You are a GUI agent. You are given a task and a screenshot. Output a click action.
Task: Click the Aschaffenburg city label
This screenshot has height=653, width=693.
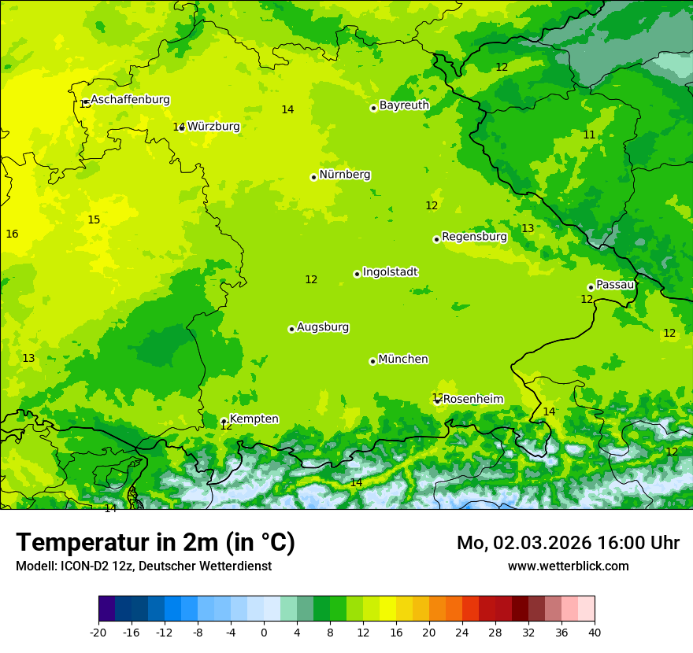(x=130, y=100)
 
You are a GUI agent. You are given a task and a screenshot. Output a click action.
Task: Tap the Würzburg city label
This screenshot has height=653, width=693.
(x=213, y=127)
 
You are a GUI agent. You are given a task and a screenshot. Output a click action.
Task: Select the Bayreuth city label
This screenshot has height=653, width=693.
(x=404, y=105)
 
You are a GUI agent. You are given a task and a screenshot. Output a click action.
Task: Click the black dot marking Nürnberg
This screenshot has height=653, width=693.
(x=313, y=177)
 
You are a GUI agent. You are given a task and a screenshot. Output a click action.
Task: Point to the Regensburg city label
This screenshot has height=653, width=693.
(x=474, y=237)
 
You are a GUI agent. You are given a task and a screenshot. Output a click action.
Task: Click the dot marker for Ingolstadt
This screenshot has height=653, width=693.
(x=357, y=274)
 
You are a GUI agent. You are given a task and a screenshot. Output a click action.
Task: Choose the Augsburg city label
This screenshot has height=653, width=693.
(x=323, y=327)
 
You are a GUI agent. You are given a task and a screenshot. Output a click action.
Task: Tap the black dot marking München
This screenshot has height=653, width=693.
(x=372, y=361)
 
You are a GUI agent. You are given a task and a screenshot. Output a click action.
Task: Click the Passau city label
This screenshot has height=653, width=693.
(x=615, y=285)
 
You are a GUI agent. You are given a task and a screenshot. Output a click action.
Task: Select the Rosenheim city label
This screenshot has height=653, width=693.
(x=472, y=400)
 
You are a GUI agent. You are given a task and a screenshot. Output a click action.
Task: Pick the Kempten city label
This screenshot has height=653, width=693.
(x=254, y=419)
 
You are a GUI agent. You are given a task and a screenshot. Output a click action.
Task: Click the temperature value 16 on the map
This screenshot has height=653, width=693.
(x=12, y=234)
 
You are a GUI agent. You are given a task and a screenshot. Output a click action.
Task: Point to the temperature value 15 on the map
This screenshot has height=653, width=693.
(x=94, y=220)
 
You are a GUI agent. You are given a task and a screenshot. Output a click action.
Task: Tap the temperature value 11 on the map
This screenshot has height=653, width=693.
(x=589, y=135)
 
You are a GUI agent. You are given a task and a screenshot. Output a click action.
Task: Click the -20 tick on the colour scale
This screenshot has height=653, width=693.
(x=98, y=632)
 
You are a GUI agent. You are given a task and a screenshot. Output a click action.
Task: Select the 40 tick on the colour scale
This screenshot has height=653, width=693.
(x=595, y=632)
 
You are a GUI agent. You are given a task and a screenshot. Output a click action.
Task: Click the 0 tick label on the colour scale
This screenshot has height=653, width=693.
(x=264, y=632)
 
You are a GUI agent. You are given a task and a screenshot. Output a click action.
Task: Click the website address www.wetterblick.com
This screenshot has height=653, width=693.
(x=568, y=566)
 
